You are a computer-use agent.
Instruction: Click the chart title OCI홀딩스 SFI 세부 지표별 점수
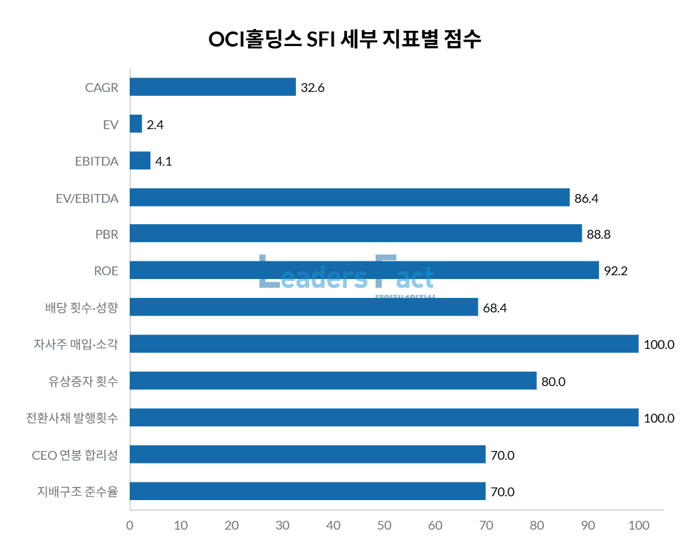(345, 39)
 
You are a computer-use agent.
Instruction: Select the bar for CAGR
(213, 87)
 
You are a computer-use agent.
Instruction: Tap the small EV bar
(136, 124)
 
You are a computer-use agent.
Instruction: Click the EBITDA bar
(140, 161)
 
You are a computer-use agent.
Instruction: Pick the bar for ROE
(364, 271)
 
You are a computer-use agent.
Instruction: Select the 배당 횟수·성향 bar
(303, 307)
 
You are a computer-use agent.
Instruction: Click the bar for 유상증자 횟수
(333, 381)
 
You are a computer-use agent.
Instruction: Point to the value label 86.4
(586, 198)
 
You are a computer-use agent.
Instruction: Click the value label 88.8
(599, 235)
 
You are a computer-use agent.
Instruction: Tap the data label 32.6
(312, 88)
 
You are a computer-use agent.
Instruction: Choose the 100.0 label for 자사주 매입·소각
(659, 344)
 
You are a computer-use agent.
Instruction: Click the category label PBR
(107, 234)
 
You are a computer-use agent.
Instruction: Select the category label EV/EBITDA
(87, 198)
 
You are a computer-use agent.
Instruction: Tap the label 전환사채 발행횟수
(72, 418)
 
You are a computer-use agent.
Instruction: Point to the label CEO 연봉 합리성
(74, 455)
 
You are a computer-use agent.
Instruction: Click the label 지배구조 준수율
(77, 491)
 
